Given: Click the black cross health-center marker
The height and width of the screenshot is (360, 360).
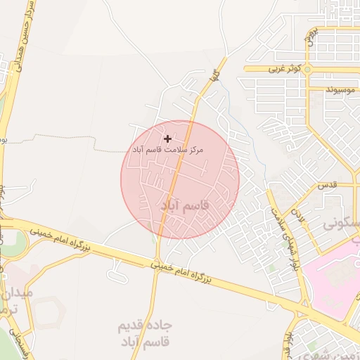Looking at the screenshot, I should [x=167, y=139].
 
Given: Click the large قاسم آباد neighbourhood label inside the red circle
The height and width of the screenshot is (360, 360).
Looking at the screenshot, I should [x=184, y=205].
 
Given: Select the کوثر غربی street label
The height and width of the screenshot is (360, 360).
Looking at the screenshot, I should [x=284, y=70].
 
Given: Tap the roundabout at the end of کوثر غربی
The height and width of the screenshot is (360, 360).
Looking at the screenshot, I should [x=309, y=70].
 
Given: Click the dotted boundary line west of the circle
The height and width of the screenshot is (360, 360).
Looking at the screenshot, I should [x=63, y=141].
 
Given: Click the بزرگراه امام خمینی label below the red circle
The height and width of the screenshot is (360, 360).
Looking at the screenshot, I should [x=179, y=272].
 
